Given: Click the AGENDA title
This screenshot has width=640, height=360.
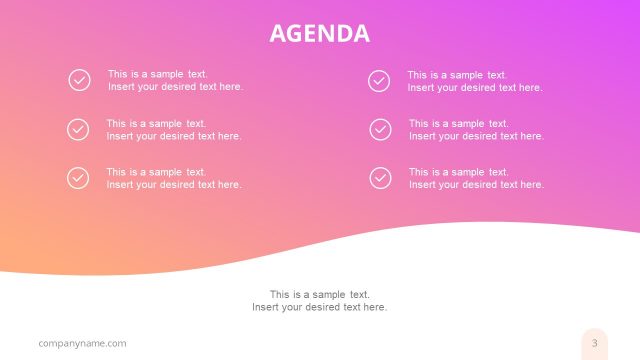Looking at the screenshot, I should [319, 34].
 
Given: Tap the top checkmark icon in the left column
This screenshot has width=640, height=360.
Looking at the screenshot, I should [79, 80].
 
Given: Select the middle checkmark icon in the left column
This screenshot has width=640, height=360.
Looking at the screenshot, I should [78, 129].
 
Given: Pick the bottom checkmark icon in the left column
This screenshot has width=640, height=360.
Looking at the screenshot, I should [78, 178].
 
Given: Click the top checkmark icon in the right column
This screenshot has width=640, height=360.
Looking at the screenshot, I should [379, 81].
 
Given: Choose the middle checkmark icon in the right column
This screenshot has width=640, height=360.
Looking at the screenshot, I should [380, 129].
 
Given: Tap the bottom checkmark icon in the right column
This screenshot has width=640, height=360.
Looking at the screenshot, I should [380, 178].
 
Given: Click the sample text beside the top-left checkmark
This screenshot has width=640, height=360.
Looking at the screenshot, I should [175, 80].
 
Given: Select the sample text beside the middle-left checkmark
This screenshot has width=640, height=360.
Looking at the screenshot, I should [174, 130].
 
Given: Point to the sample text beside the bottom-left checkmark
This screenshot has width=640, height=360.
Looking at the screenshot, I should [174, 178].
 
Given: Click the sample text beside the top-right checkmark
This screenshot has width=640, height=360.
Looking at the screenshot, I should [474, 81].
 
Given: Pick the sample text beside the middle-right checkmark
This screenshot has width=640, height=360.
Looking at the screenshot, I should [476, 130].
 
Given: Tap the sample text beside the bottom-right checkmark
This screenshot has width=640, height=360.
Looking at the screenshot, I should [476, 178].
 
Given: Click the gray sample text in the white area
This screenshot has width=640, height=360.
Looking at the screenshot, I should [319, 300].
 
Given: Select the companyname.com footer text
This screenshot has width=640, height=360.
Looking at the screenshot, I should [82, 344].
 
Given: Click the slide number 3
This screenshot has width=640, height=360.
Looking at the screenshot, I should [594, 343].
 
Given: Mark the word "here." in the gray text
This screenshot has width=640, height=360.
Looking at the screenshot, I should [374, 307].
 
